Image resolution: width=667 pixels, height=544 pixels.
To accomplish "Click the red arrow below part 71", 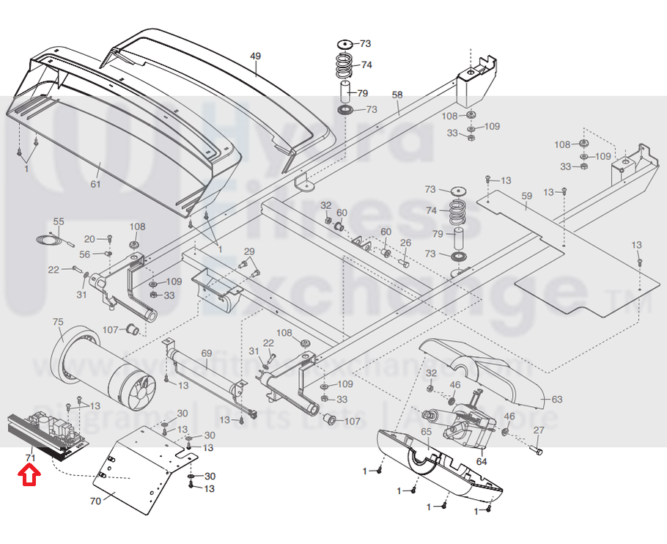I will click(x=29, y=477).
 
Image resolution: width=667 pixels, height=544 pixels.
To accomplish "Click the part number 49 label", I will click(x=255, y=56).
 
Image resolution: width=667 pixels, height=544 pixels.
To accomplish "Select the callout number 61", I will click(x=95, y=184).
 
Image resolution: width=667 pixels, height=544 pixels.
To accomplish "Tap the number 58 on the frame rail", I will click(x=397, y=95).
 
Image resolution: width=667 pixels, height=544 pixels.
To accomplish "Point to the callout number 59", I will click(x=526, y=196).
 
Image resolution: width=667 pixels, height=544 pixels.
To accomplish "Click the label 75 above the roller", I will click(x=59, y=322).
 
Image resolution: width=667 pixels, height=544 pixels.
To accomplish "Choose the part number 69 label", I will click(x=206, y=353).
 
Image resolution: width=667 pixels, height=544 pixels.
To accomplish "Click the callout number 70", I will click(x=95, y=502).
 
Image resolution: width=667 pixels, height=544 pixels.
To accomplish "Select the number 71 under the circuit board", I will click(x=30, y=458).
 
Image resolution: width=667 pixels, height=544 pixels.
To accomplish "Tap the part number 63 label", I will click(x=557, y=400).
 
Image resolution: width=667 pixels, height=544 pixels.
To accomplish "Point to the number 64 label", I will click(x=482, y=462).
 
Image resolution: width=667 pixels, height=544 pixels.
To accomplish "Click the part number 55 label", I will click(x=59, y=221).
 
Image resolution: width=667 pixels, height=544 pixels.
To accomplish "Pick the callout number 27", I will click(x=539, y=430).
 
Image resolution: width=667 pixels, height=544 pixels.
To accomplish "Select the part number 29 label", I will click(x=249, y=252).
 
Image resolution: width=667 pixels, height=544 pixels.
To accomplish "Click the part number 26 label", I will click(x=405, y=243).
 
